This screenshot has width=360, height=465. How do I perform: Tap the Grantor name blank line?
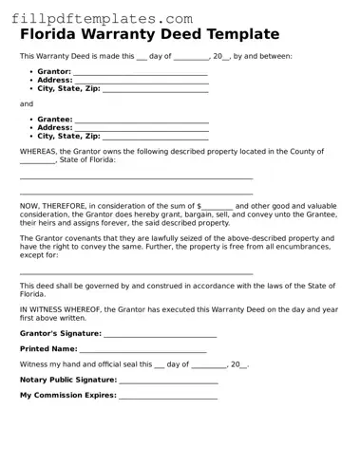[141, 72]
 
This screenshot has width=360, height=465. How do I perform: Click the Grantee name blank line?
[142, 120]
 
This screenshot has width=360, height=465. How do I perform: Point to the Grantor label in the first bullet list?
[54, 72]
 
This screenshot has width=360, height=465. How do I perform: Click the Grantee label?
[54, 120]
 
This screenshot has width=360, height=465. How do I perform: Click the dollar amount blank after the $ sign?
[218, 205]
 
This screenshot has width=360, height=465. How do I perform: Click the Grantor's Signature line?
[161, 334]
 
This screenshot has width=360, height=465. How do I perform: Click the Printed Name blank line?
[142, 350]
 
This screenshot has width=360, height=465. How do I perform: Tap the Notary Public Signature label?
[67, 380]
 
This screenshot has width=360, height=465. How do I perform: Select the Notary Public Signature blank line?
[168, 381]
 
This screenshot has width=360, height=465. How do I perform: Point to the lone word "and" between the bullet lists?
[26, 103]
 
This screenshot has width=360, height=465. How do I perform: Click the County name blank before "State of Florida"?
[37, 160]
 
